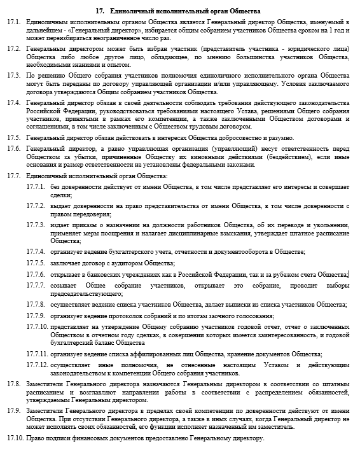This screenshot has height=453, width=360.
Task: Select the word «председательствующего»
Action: (x=87, y=293)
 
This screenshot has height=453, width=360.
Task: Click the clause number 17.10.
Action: (x=13, y=440)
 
